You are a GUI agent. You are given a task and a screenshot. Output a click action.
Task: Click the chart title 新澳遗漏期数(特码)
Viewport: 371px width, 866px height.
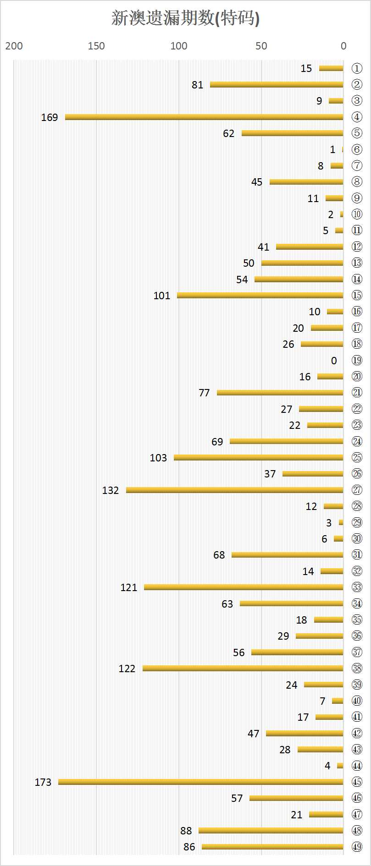pyautogui.click(x=185, y=18)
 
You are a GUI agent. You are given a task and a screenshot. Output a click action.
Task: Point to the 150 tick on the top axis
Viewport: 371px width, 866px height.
pyautogui.click(x=96, y=46)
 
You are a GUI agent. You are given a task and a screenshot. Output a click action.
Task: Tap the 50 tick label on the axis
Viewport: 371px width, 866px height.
pyautogui.click(x=261, y=46)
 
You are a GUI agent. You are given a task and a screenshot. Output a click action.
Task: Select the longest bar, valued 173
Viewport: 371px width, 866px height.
pyautogui.click(x=200, y=782)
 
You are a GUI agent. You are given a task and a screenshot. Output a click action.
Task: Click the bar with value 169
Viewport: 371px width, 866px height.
pyautogui.click(x=204, y=117)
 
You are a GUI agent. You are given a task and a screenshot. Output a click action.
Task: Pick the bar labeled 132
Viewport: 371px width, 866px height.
pyautogui.click(x=234, y=490)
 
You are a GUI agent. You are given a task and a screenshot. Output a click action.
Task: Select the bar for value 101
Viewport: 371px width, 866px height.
pyautogui.click(x=260, y=295)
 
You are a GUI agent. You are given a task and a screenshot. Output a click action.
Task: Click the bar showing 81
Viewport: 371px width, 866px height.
pyautogui.click(x=277, y=84)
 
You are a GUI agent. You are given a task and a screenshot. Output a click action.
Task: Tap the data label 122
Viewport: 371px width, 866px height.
pyautogui.click(x=127, y=669)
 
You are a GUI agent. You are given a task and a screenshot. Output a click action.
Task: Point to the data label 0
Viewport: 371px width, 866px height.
pyautogui.click(x=334, y=361)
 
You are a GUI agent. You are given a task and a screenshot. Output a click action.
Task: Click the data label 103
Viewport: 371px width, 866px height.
pyautogui.click(x=158, y=458)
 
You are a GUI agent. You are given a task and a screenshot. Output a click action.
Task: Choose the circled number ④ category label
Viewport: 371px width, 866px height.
pyautogui.click(x=357, y=117)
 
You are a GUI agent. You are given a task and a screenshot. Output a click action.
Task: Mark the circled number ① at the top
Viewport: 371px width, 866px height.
pyautogui.click(x=357, y=68)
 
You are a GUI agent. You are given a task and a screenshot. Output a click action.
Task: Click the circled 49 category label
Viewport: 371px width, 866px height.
pyautogui.click(x=357, y=847)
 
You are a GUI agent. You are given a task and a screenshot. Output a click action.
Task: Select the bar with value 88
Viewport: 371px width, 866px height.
pyautogui.click(x=271, y=830)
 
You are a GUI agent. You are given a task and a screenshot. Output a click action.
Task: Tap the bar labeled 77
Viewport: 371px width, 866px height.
pyautogui.click(x=280, y=392)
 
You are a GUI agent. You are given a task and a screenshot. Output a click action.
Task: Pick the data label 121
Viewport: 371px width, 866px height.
pyautogui.click(x=129, y=587)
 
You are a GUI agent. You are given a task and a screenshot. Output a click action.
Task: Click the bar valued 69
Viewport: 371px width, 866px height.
pyautogui.click(x=286, y=441)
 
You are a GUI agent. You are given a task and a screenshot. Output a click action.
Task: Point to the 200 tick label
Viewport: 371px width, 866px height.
pyautogui.click(x=14, y=46)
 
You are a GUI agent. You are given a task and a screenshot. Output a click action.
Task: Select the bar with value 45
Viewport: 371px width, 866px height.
pyautogui.click(x=306, y=182)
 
